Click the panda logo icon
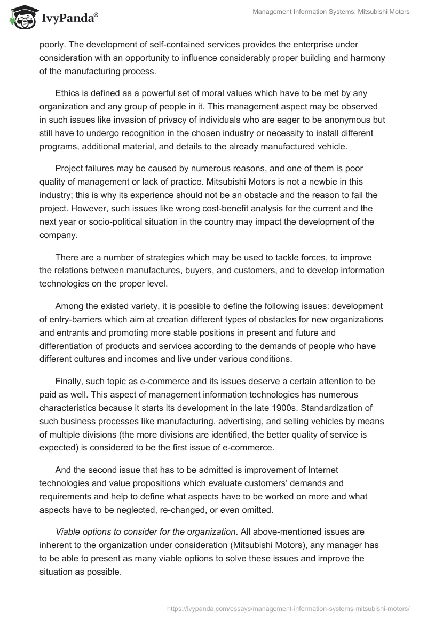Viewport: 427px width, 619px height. point(21,18)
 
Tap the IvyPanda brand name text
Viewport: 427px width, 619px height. point(68,19)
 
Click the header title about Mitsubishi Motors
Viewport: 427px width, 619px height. point(331,12)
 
